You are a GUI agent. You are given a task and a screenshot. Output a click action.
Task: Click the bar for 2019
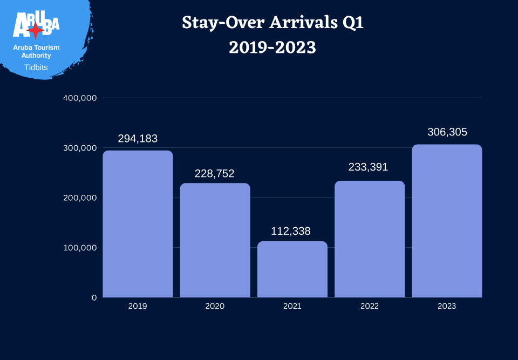(x=138, y=224)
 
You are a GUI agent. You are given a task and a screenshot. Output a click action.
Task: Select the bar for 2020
(x=215, y=240)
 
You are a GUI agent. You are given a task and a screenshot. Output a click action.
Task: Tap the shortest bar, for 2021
(x=292, y=269)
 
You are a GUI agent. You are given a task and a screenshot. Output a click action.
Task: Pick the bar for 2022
(x=370, y=239)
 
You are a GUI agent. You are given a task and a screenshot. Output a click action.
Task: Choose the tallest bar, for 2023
(x=447, y=221)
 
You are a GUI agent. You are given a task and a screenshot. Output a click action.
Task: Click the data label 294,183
(x=138, y=139)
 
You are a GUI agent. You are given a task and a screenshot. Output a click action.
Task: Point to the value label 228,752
(x=215, y=174)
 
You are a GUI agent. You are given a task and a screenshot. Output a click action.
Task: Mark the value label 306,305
(x=447, y=132)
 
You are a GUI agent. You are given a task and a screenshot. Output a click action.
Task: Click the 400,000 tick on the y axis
(x=80, y=98)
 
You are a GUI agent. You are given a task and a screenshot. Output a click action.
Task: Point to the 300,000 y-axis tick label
(x=80, y=148)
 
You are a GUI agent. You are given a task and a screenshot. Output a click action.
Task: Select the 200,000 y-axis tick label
(x=80, y=198)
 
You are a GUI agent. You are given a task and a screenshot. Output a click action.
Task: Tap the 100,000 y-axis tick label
(x=80, y=248)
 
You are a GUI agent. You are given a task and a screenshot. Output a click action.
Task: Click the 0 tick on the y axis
(x=94, y=297)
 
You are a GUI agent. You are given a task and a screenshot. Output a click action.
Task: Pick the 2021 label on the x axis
(x=292, y=306)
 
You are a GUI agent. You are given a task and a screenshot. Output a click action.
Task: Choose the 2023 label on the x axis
(x=447, y=306)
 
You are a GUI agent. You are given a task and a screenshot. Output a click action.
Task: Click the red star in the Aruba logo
(x=36, y=31)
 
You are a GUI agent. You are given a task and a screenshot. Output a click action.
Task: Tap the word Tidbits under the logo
(x=36, y=67)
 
